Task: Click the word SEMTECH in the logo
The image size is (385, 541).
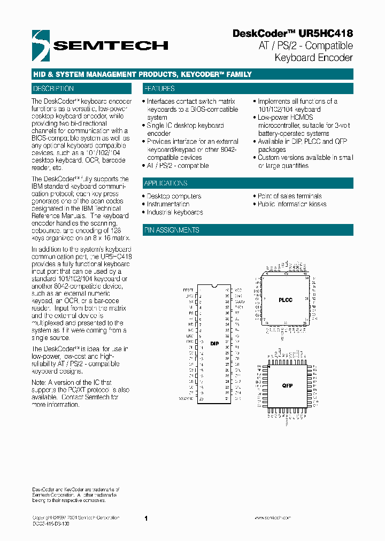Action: point(111,46)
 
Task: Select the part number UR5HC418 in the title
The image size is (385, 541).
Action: point(326,33)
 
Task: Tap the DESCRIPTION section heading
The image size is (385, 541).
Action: point(53,89)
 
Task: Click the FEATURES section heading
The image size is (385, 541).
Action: point(159,89)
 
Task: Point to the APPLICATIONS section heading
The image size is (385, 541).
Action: point(166,183)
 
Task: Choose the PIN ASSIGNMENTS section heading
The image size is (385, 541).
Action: point(172,230)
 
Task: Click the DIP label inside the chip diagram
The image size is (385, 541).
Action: point(214,344)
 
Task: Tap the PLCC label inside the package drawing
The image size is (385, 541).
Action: point(286,300)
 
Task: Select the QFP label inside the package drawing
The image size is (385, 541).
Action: point(287,385)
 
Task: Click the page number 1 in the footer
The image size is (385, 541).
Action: point(145,518)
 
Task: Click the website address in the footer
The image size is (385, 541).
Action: point(272,518)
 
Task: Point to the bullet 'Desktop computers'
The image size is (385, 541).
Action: point(174,196)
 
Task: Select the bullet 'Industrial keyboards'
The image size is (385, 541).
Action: point(175,212)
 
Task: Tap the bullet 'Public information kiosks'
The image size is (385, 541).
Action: point(292,204)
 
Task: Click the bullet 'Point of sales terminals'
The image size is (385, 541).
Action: point(289,196)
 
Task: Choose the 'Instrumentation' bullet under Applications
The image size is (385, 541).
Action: point(168,204)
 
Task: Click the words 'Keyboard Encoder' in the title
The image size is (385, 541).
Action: point(313,57)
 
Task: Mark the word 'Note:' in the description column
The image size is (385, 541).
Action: point(39,383)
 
